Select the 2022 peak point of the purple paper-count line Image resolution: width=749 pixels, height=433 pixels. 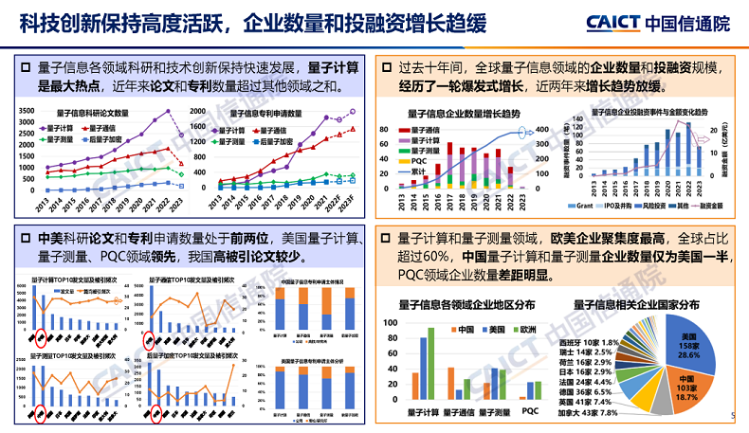point(169,112)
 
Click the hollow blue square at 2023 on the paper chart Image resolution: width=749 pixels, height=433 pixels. point(181,184)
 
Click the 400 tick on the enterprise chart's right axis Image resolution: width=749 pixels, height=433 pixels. point(542,130)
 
